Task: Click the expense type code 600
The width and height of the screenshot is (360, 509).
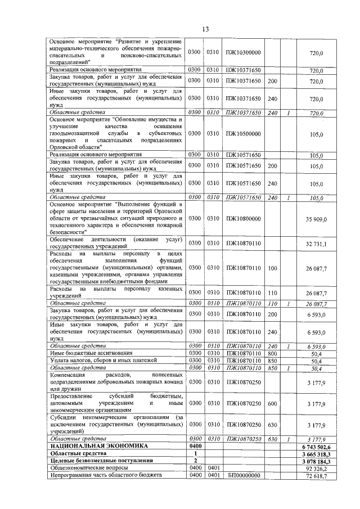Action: click(272, 404)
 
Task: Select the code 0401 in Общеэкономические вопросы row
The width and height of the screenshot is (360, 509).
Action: click(213, 468)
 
